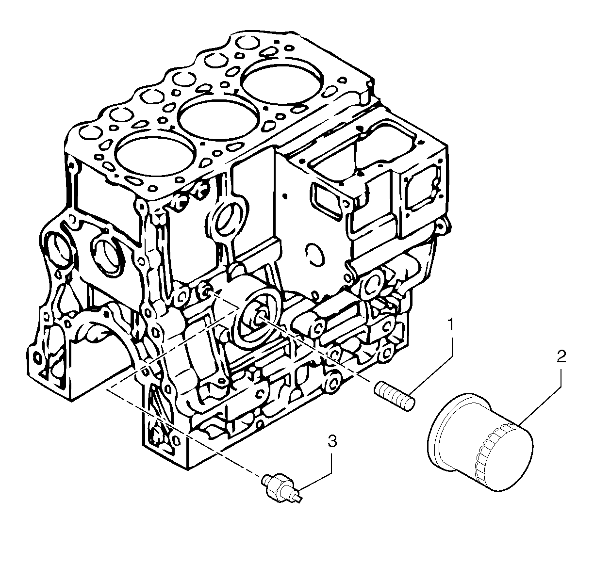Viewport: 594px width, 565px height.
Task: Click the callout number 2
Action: [561, 357]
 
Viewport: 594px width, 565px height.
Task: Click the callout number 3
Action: [332, 441]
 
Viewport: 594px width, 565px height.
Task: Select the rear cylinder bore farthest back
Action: [283, 80]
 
